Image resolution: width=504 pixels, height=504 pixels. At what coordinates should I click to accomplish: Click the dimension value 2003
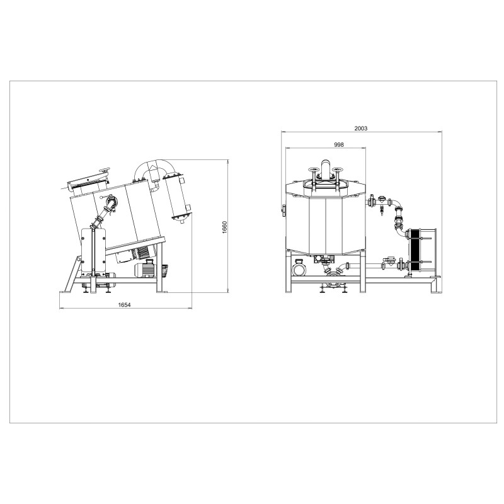360,128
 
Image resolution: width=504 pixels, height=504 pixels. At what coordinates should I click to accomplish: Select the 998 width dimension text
338,144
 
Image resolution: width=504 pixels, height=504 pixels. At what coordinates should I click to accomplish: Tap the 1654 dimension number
125,305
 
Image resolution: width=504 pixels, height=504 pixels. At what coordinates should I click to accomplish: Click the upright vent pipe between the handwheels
326,169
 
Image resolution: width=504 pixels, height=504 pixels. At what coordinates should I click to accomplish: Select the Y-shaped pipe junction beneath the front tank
333,273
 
